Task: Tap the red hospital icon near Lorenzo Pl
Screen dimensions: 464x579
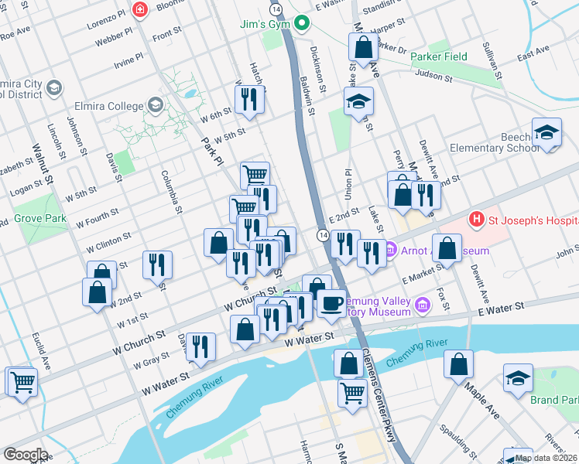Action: pos(140,10)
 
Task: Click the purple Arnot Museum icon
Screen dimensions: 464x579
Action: pos(392,251)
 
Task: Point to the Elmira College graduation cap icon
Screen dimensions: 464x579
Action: pos(155,105)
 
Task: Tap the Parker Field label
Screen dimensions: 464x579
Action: pos(439,56)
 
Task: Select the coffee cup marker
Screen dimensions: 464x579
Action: pos(331,302)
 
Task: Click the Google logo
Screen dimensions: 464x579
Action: pos(25,455)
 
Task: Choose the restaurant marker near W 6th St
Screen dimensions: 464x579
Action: pos(249,99)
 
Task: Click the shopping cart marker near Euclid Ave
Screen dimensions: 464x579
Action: pos(22,380)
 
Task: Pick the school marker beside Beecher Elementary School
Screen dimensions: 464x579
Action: pos(546,131)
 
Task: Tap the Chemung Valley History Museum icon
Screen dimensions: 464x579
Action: pos(423,305)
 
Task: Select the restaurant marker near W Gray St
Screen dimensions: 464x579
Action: pos(200,346)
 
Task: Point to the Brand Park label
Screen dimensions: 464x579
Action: pos(554,400)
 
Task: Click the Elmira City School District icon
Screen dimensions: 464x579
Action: pos(54,88)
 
